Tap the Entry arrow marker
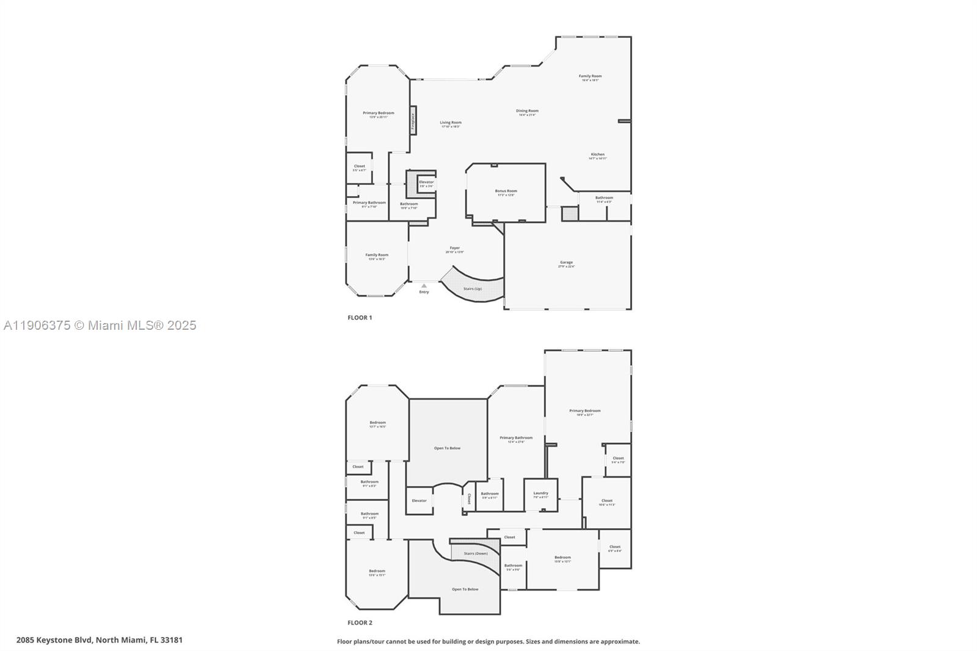424,286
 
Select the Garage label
566,263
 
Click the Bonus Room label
506,191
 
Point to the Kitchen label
597,155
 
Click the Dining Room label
527,111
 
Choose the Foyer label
454,248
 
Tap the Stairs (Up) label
473,289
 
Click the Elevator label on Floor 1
426,182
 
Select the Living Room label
451,123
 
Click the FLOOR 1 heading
360,318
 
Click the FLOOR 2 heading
360,623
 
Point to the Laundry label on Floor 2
540,493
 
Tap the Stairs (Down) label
476,554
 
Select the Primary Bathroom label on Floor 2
516,438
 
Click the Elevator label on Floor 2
419,501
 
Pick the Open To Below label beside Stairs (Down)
465,589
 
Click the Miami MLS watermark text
100,325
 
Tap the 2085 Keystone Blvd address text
100,640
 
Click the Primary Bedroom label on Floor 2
584,411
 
